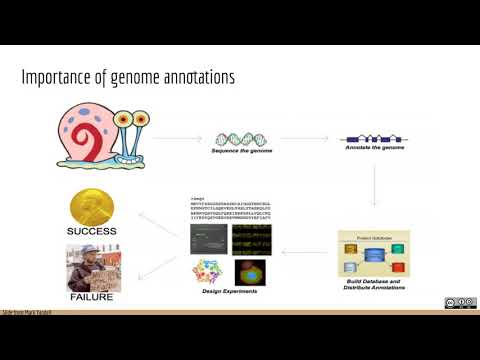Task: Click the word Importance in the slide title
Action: click(x=56, y=77)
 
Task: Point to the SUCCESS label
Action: click(x=91, y=231)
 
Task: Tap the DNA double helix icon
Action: click(x=243, y=141)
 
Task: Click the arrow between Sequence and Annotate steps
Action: click(x=308, y=141)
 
